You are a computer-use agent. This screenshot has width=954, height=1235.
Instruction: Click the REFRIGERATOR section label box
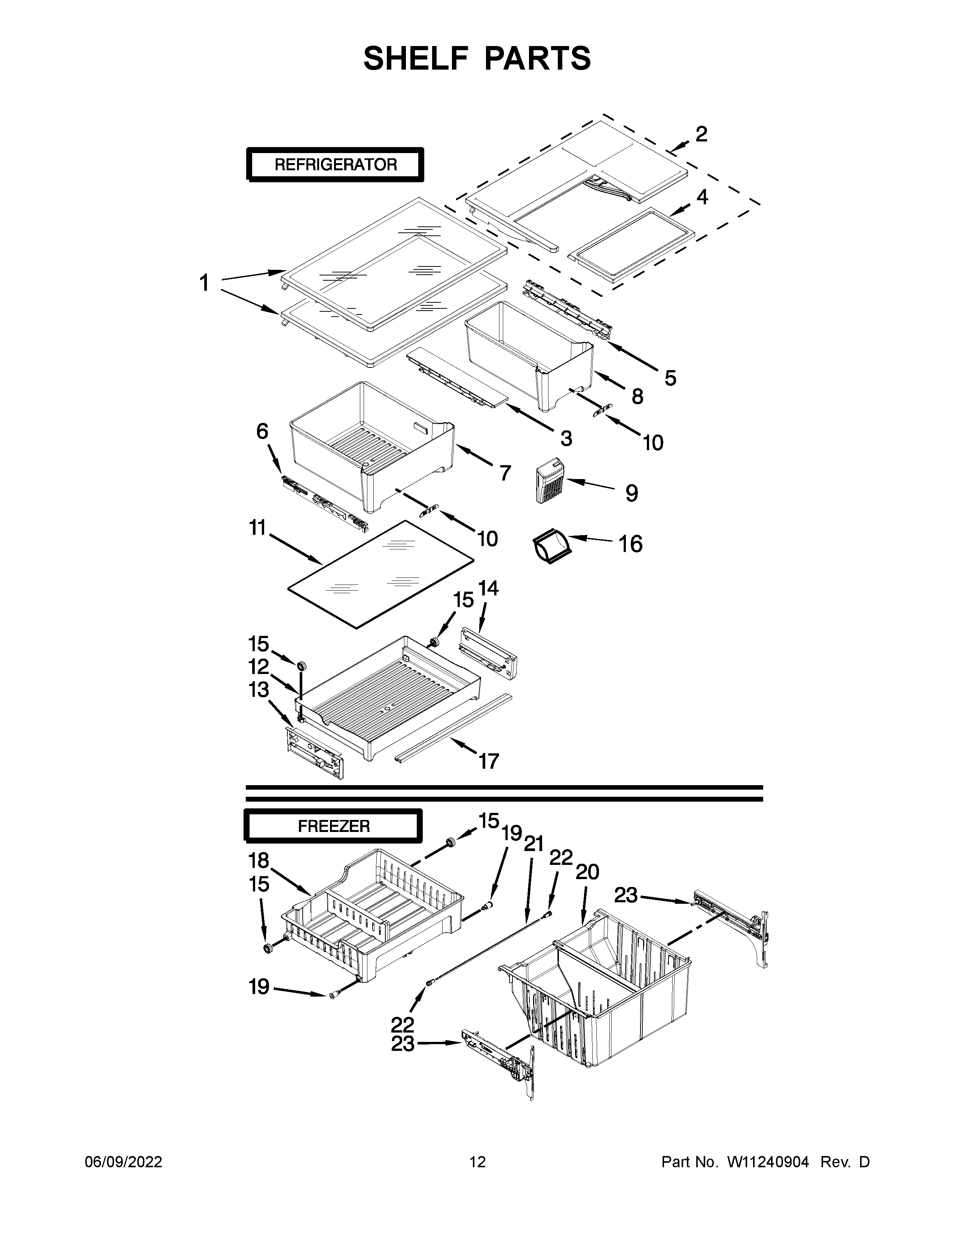335,165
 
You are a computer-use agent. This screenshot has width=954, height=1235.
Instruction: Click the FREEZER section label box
333,826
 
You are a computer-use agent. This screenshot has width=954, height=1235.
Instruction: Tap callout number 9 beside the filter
632,493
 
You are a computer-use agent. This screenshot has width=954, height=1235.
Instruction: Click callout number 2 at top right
701,134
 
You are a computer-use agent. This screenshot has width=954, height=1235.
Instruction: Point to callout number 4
702,197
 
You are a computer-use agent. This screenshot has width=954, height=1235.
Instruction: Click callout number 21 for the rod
533,844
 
